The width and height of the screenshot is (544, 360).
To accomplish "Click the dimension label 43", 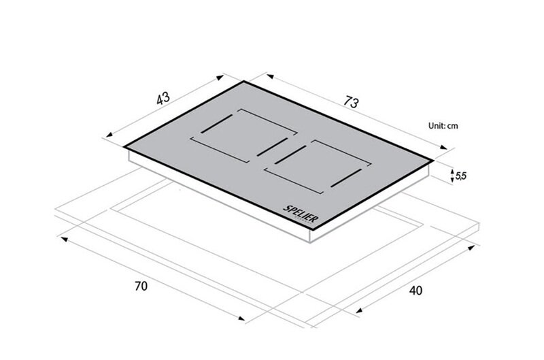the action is pos(163,98).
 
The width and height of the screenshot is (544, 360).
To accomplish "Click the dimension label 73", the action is pos(351,102).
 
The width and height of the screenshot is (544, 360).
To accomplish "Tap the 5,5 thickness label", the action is pos(461,176).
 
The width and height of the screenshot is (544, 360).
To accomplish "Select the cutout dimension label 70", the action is pos(141,286).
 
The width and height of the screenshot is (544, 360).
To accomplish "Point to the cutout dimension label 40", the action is pos(415,290).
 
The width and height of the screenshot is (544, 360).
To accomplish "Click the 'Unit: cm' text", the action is pos(443,126).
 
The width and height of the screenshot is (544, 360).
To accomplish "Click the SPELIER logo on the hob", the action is pos(301,214).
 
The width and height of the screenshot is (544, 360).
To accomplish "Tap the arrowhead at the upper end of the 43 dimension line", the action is pos(220,77).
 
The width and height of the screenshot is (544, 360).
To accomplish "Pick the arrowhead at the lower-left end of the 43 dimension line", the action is pos(109,135).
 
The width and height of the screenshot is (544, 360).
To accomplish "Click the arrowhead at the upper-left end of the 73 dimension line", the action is pos(270,76).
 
